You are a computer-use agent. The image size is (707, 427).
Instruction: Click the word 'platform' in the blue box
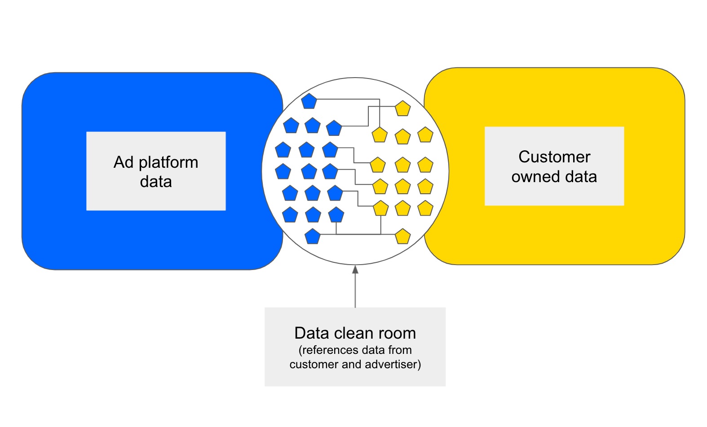tap(168, 162)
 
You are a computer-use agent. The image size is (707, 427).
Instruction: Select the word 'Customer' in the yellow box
tap(554, 157)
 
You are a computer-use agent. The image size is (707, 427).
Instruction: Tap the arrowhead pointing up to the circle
tap(355, 269)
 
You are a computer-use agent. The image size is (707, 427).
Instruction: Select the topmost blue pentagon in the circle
tap(309, 101)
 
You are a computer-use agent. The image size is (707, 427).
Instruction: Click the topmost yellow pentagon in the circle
tap(402, 109)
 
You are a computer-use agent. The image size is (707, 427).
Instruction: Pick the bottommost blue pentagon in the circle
tap(313, 236)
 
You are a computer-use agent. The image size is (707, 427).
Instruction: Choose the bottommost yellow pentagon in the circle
tap(402, 236)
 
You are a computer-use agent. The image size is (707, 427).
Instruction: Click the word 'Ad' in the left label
tap(124, 162)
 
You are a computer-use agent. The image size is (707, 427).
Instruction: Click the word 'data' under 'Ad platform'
tap(156, 182)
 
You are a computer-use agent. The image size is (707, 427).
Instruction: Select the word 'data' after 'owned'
tap(581, 177)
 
